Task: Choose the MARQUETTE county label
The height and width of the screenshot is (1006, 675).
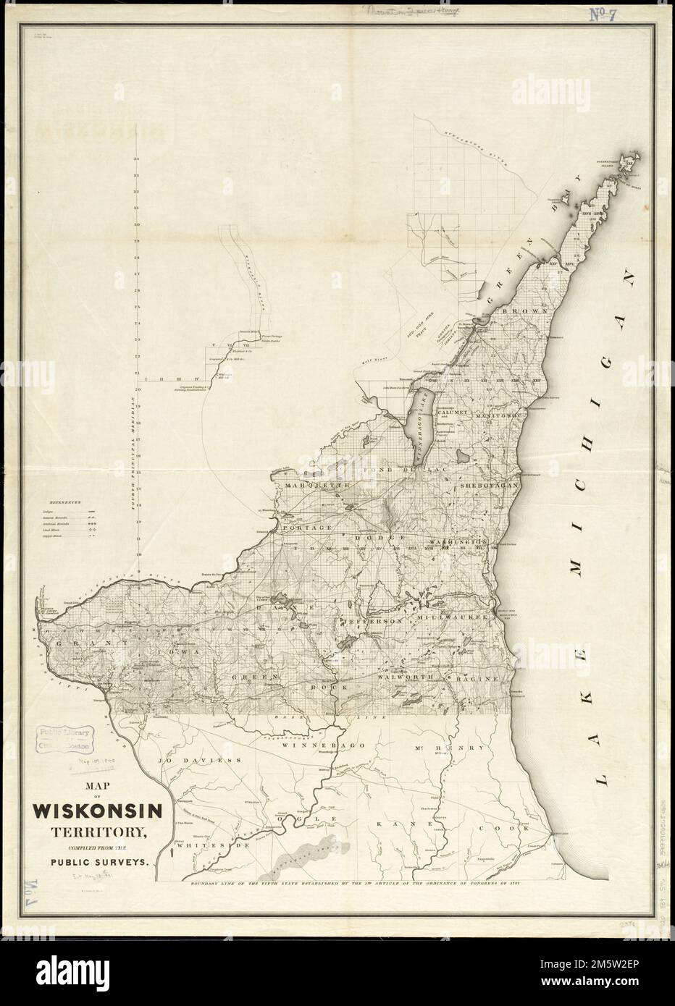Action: click(x=317, y=484)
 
